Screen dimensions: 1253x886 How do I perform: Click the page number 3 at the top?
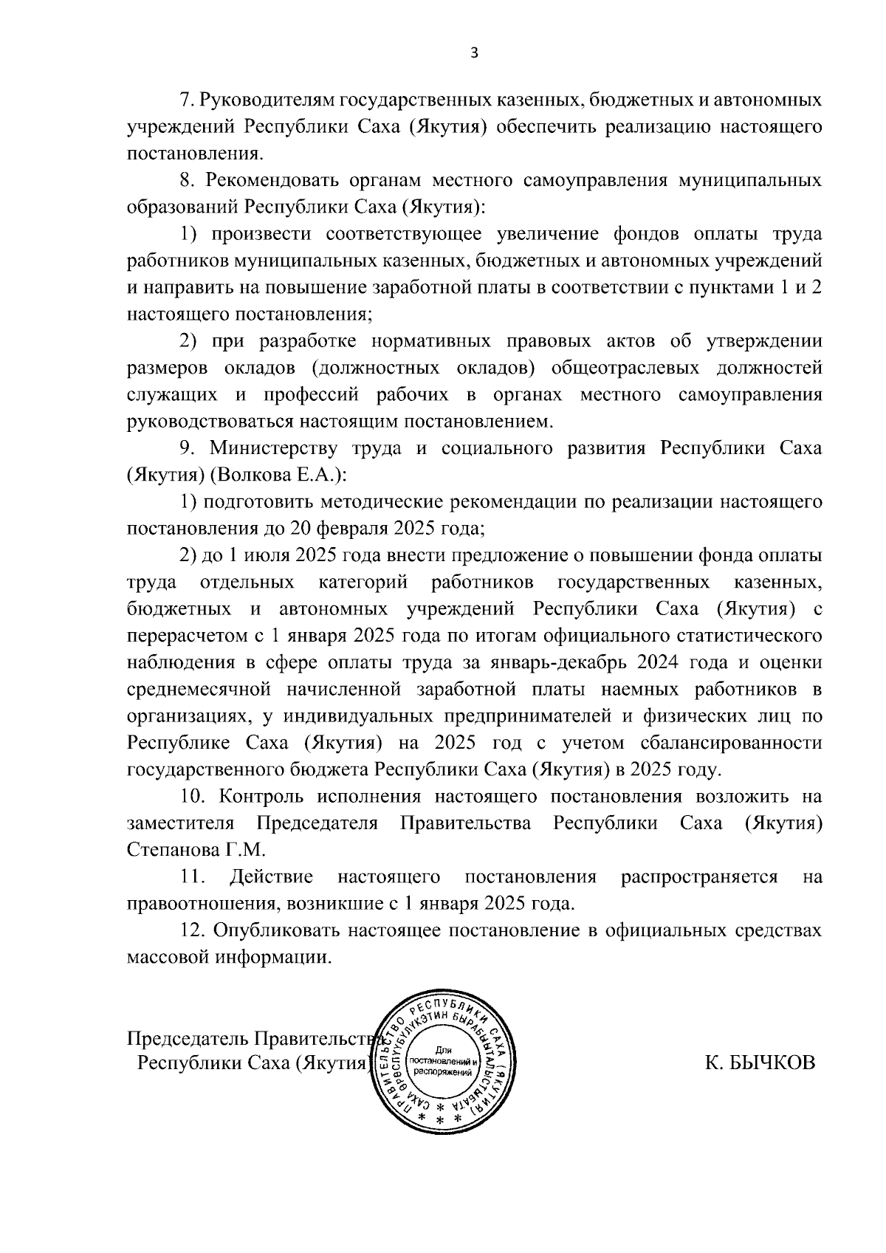tap(475, 52)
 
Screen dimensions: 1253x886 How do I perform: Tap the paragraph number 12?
tap(193, 930)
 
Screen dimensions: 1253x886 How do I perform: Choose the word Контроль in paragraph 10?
tap(258, 797)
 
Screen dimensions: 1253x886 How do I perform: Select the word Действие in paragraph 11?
tap(272, 877)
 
